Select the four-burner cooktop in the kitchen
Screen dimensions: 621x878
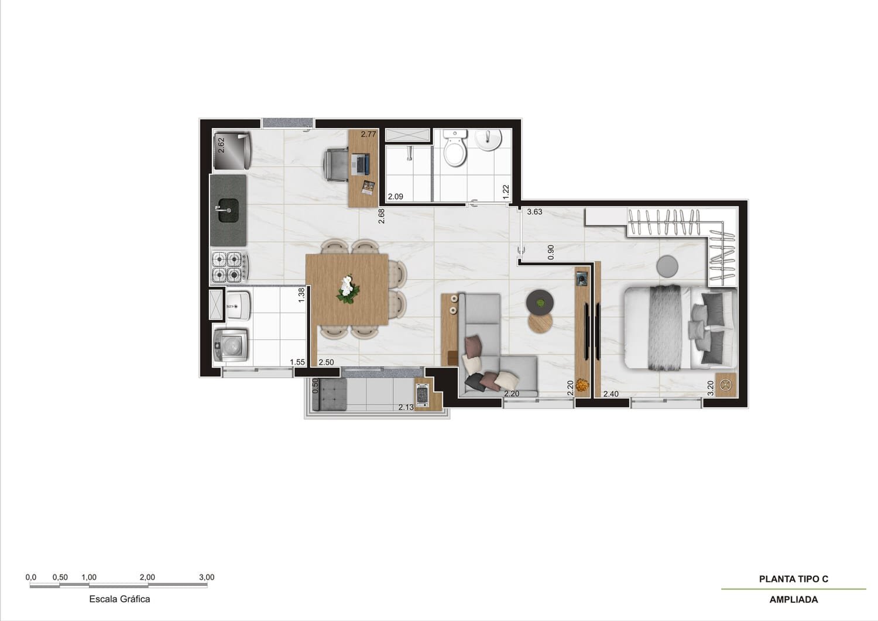tap(228, 266)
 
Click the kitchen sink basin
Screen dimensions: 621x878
tap(228, 209)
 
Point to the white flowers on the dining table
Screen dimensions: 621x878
tap(348, 289)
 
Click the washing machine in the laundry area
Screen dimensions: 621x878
tap(231, 345)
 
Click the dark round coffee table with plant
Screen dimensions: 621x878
tap(539, 303)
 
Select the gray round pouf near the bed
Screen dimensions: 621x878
tap(667, 267)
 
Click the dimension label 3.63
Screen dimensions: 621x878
tap(534, 212)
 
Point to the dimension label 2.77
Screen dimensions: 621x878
tap(368, 134)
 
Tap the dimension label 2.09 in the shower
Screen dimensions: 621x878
tap(395, 197)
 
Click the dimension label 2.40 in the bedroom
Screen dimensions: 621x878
tap(611, 394)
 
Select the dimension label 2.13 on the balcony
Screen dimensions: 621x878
tap(406, 407)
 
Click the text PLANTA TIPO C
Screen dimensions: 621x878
tap(793, 579)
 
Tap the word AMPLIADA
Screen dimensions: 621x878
tap(793, 599)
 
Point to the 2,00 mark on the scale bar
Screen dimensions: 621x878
tap(148, 578)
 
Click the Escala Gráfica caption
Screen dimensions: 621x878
tap(119, 599)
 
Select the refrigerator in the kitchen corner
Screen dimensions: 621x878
tap(231, 150)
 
